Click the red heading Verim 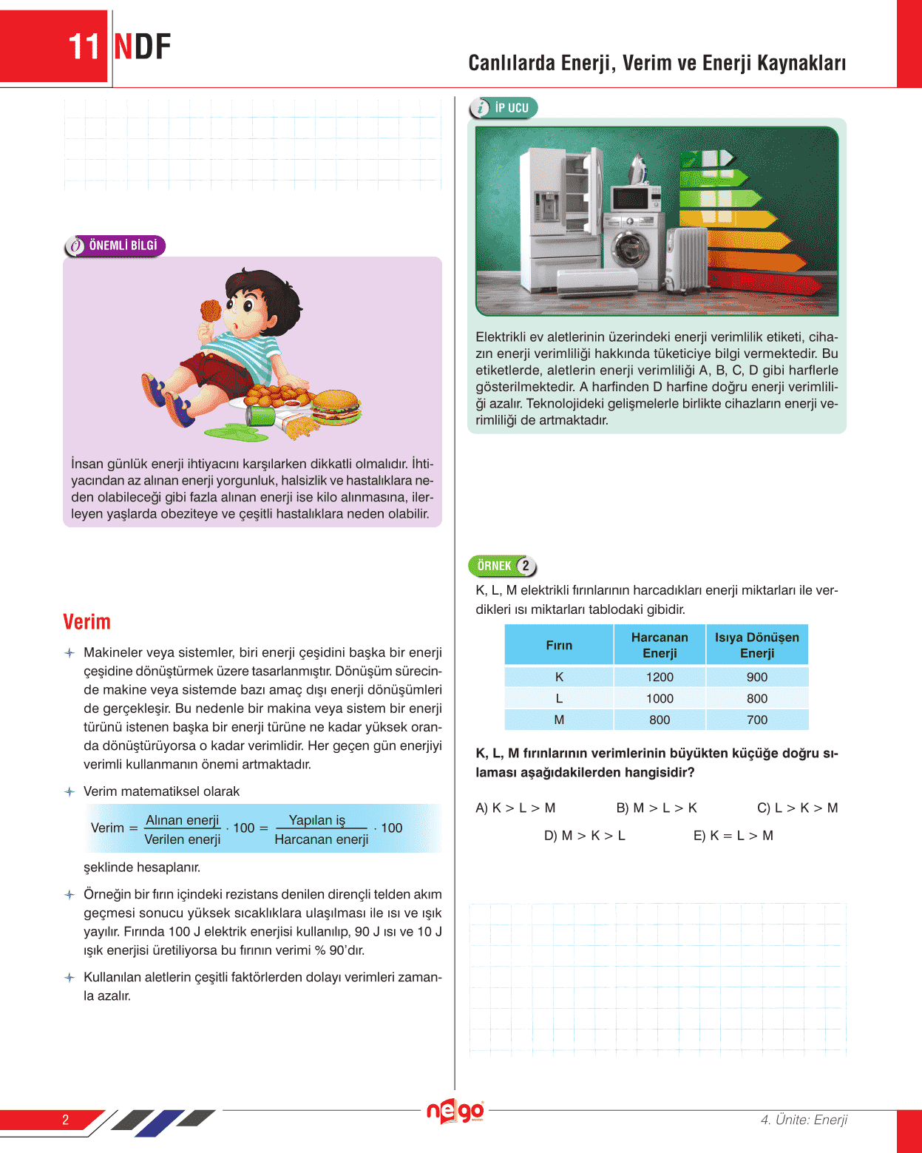87,622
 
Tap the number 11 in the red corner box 84,47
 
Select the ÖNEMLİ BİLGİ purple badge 115,246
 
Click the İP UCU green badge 504,108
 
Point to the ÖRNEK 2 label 502,566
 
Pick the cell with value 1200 660,677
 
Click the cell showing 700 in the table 757,720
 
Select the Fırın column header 559,645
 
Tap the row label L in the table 559,698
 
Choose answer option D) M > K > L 584,836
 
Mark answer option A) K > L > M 515,808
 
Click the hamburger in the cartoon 336,407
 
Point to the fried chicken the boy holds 211,311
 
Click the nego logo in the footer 455,1111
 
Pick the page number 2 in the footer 65,1120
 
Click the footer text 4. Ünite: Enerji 804,1120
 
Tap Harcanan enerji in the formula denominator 322,839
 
